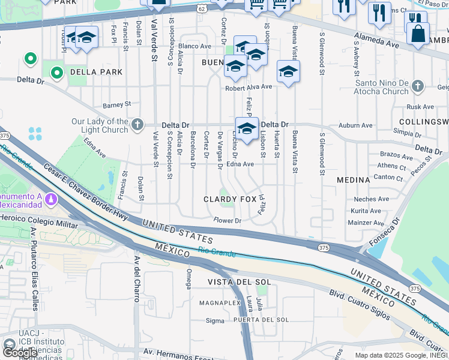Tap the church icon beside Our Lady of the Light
pyautogui.click(x=137, y=125)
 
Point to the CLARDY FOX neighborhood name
pyautogui.click(x=229, y=199)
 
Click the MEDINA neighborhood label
pyautogui.click(x=353, y=180)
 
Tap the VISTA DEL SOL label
pyautogui.click(x=240, y=281)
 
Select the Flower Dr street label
pyautogui.click(x=228, y=220)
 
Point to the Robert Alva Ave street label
pyautogui.click(x=249, y=86)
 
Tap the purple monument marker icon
pyautogui.click(x=52, y=198)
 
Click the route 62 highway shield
pyautogui.click(x=202, y=8)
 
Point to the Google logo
pyautogui.click(x=20, y=353)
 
